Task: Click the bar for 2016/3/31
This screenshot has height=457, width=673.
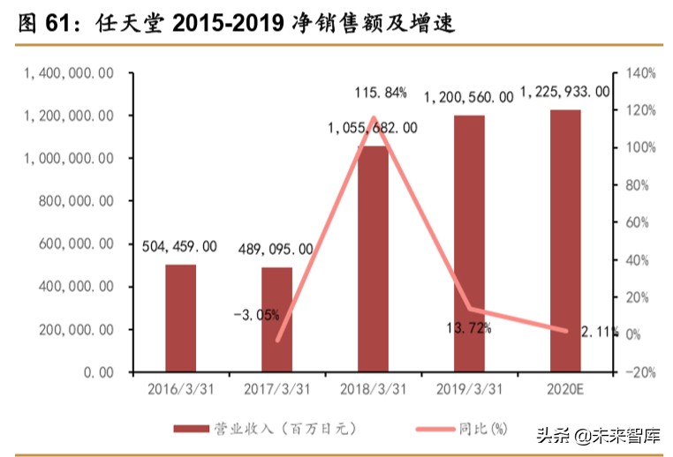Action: coord(180,318)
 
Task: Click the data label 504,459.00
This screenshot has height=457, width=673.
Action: coord(179,247)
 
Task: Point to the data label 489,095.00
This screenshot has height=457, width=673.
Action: coord(276,250)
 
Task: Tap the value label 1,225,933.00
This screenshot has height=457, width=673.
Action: coord(565,91)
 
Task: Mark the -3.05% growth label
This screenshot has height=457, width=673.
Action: coord(257,314)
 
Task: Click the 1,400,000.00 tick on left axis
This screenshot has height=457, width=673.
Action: coord(68,73)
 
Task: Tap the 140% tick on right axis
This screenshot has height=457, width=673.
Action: coord(637,73)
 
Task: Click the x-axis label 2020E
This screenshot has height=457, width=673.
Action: coord(565,388)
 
